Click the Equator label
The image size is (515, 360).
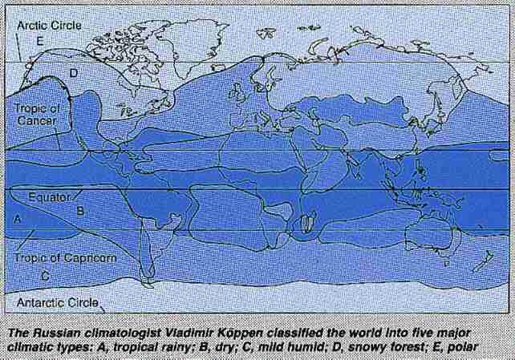[51, 195]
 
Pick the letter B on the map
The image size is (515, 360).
[79, 210]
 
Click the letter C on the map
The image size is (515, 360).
[45, 274]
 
